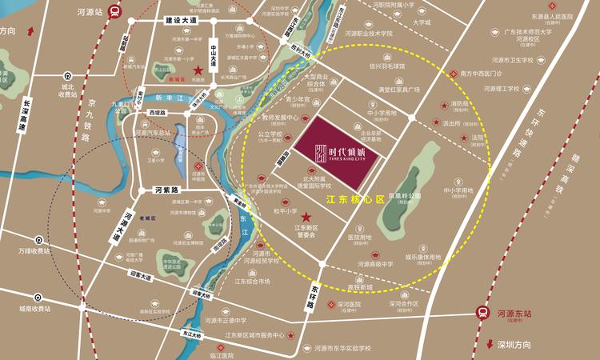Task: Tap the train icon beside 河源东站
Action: (x=483, y=314)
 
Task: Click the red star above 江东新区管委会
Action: (x=305, y=217)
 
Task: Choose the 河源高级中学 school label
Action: (x=374, y=264)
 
